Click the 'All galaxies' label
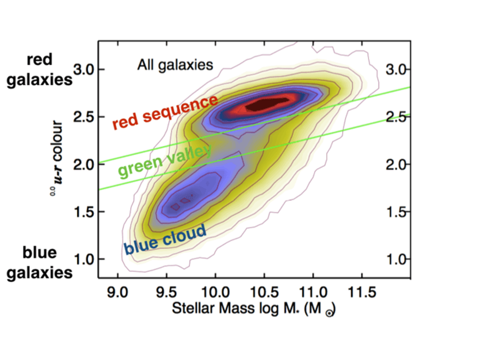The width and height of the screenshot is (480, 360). coord(175,65)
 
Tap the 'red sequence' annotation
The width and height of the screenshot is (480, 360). coord(165,112)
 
